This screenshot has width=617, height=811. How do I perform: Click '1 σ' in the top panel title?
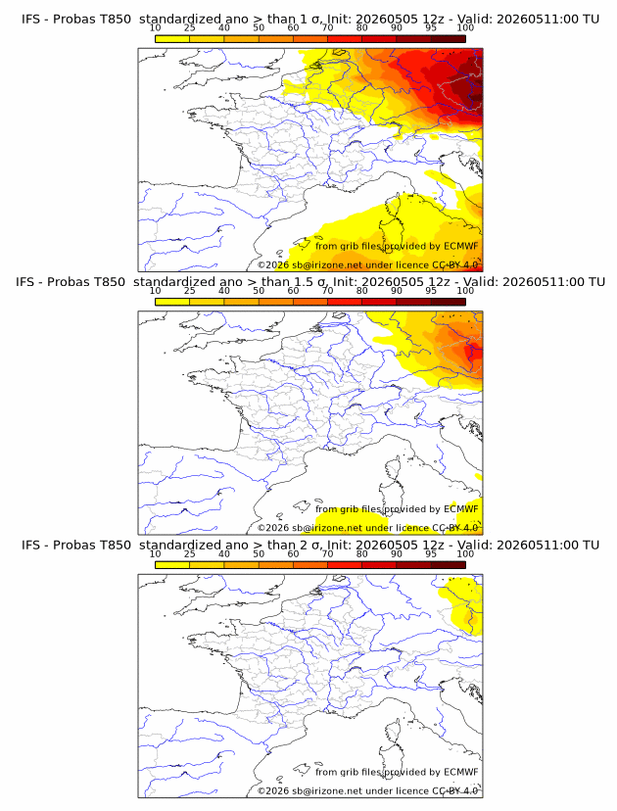(312, 20)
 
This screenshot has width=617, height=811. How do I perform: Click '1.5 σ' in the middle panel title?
(307, 282)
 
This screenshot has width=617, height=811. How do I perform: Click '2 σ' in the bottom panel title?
(312, 546)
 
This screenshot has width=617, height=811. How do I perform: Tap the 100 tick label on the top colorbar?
(465, 27)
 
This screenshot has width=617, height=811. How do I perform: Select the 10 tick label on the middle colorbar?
(155, 290)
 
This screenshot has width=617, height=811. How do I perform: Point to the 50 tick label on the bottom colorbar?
(259, 553)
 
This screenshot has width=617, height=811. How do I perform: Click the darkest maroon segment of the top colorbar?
(448, 39)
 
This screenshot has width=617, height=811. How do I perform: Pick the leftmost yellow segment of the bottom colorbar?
(172, 565)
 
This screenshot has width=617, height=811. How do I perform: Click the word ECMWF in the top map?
(461, 246)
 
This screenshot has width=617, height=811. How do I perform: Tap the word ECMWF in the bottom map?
(461, 772)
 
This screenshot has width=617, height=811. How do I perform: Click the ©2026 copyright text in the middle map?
(273, 528)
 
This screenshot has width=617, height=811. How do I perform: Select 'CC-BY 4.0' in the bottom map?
(454, 790)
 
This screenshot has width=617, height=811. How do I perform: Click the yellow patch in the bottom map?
(463, 606)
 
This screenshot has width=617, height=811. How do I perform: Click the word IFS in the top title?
(30, 20)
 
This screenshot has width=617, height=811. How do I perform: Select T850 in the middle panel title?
(109, 282)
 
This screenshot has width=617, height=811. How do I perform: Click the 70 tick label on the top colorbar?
(327, 27)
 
